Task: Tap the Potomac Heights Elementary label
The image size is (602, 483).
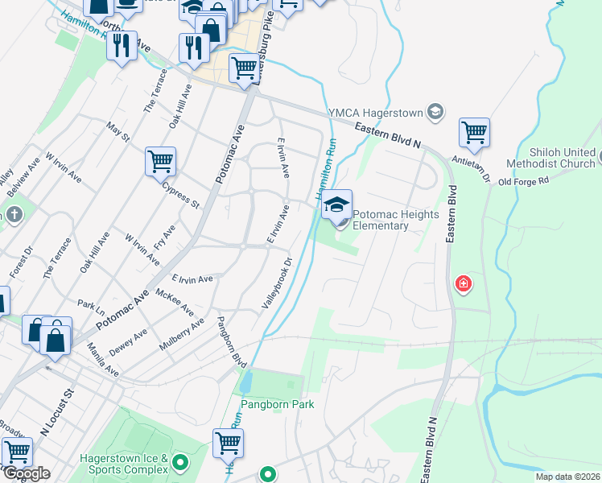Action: tap(392, 221)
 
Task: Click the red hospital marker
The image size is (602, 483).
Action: tap(464, 283)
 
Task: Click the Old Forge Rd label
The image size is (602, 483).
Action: tap(523, 180)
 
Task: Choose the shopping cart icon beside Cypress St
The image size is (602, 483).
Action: tap(161, 161)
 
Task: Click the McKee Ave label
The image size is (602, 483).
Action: tap(175, 303)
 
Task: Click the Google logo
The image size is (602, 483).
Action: tap(27, 473)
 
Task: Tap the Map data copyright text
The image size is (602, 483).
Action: tap(567, 477)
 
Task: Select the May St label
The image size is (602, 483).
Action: tap(118, 132)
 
